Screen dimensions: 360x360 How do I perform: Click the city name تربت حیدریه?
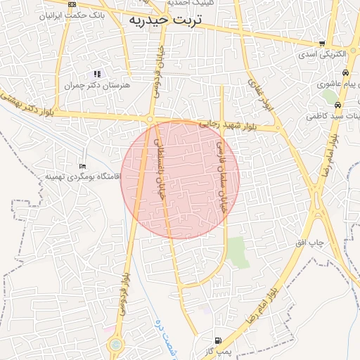point(166,21)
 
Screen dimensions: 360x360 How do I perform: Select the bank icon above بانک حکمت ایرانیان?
point(72,4)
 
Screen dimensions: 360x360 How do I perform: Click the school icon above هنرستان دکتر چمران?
point(97,74)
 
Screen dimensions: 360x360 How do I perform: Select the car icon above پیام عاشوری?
point(345,73)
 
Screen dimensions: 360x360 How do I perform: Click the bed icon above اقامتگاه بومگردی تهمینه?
point(83,166)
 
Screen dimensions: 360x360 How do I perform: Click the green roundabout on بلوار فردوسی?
point(115,345)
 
